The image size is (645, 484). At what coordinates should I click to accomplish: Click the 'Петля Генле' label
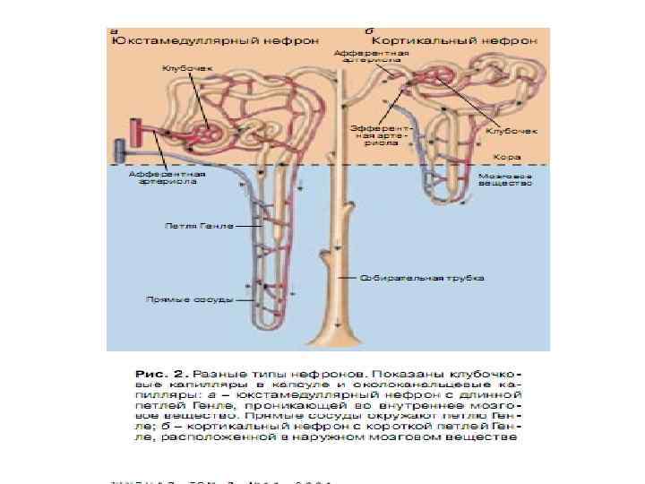(199, 226)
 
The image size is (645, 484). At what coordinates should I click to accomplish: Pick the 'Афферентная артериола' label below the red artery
(167, 179)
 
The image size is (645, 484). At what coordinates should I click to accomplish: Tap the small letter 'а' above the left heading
(114, 30)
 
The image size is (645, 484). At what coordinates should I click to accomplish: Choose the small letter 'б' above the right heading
(370, 30)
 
